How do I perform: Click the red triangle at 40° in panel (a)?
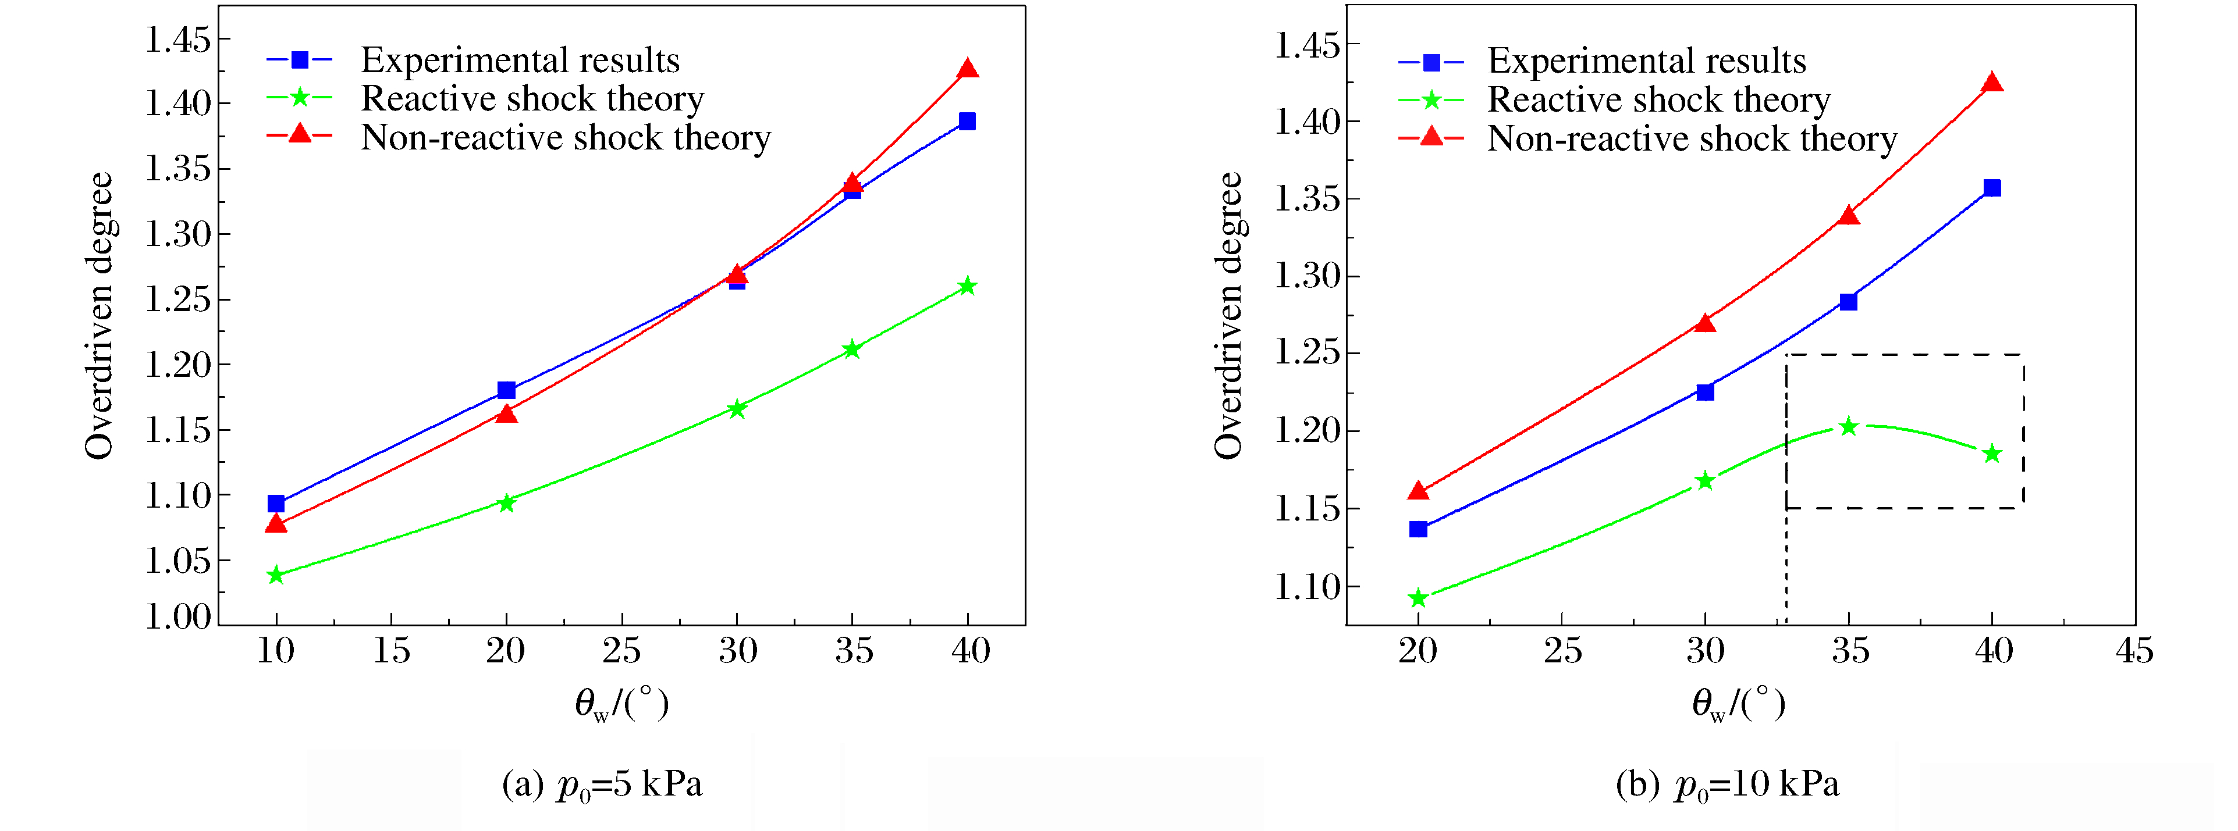[967, 69]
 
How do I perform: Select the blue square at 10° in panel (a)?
[276, 504]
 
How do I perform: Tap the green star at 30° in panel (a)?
[737, 409]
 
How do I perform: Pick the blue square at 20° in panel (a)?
[506, 390]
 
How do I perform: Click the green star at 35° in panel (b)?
[1849, 426]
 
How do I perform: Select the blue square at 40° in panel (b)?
[1992, 188]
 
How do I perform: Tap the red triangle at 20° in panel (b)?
[1418, 491]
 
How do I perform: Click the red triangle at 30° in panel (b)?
[1706, 323]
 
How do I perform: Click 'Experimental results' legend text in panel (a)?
[520, 60]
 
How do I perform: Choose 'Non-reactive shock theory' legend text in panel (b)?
[1692, 139]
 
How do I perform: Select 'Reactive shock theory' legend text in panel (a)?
[532, 99]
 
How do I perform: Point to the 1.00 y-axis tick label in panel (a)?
[178, 616]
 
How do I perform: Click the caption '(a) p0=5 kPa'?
[602, 785]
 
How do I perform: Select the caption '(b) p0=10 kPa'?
[1727, 785]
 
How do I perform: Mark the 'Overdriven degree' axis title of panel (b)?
[1228, 315]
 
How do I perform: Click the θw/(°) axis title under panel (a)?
[621, 703]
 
